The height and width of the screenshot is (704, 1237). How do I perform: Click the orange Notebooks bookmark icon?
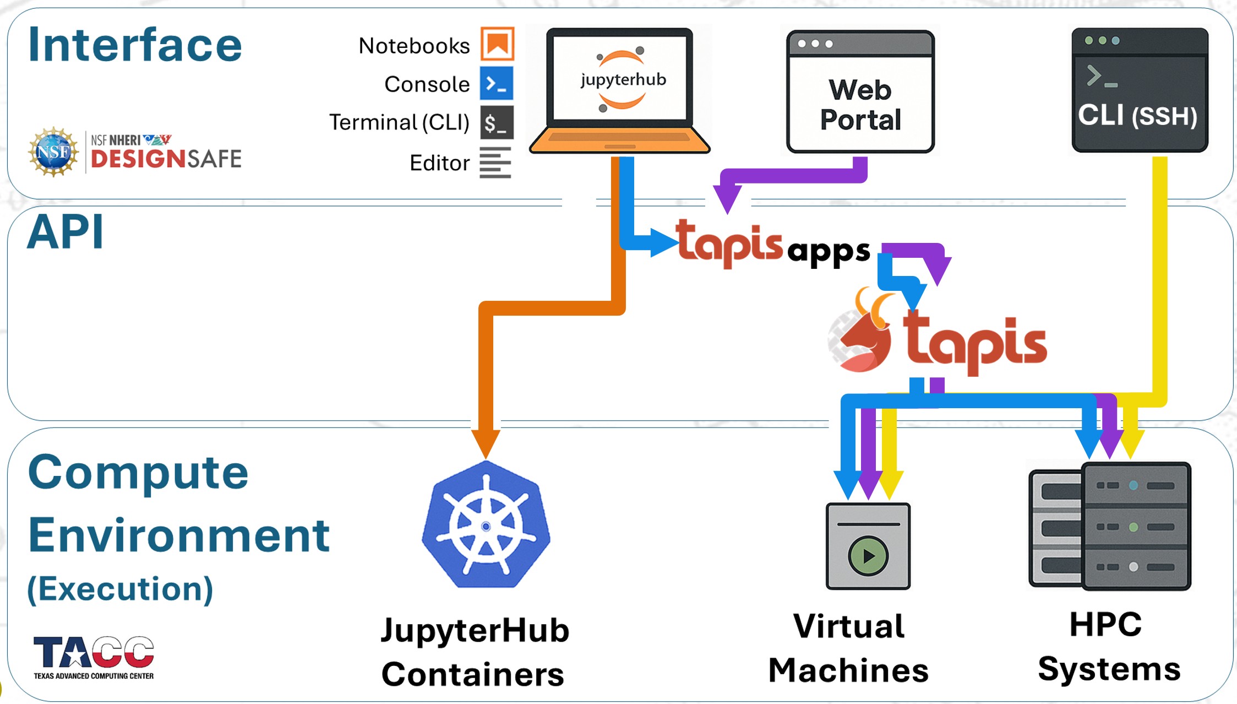click(x=497, y=44)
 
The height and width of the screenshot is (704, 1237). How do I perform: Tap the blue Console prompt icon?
click(x=496, y=84)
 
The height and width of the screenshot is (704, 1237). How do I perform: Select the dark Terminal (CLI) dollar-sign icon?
click(x=496, y=122)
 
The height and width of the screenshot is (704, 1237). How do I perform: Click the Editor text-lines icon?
click(x=495, y=163)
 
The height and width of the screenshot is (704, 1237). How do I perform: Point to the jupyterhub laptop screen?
click(x=620, y=78)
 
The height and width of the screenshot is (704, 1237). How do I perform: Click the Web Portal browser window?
click(x=860, y=92)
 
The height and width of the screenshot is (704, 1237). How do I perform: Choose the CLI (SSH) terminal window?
click(x=1140, y=90)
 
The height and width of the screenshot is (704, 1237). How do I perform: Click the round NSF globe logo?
click(x=53, y=152)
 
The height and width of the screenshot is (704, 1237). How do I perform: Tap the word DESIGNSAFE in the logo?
click(x=166, y=159)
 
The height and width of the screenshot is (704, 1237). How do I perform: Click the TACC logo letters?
click(x=94, y=653)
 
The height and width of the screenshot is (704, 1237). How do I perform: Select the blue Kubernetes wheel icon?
click(x=486, y=526)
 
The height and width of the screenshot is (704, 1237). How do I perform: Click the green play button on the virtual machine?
click(x=868, y=556)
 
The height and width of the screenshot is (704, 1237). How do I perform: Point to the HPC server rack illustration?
click(x=1110, y=526)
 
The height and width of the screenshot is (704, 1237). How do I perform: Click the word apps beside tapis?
click(x=829, y=251)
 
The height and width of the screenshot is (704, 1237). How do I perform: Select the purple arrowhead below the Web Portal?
click(x=727, y=198)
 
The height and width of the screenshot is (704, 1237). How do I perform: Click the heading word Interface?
click(x=135, y=45)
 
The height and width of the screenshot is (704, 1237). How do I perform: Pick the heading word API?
click(x=66, y=232)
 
